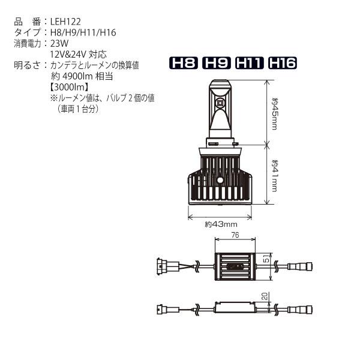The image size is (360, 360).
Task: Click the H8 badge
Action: coord(184,63)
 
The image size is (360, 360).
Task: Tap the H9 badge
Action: coord(217,63)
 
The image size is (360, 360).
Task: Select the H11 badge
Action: coord(250,63)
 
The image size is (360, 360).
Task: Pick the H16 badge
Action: coord(283,63)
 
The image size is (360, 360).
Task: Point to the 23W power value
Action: coord(59,43)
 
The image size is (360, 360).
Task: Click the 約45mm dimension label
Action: coord(275,114)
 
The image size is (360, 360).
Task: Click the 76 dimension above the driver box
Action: coord(236,236)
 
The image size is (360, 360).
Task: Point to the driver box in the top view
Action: coord(236,265)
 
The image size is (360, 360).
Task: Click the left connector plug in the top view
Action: coord(161,265)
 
